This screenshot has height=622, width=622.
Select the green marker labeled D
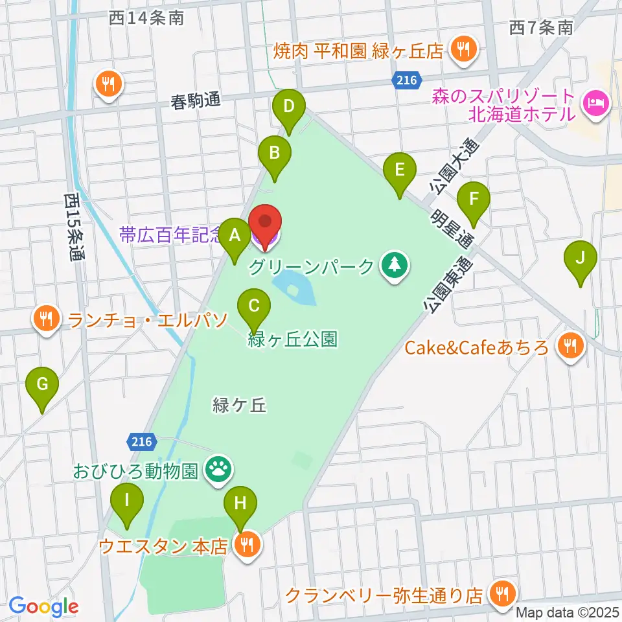coord(290,108)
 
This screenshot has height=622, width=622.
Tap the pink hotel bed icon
coord(595,102)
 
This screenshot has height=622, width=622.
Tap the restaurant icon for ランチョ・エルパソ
coord(45,317)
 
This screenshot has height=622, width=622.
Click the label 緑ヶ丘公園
coord(292,339)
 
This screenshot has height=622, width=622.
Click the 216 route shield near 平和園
coord(404,80)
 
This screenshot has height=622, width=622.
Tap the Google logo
coord(43,606)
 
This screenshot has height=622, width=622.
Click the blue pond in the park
coord(295,288)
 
